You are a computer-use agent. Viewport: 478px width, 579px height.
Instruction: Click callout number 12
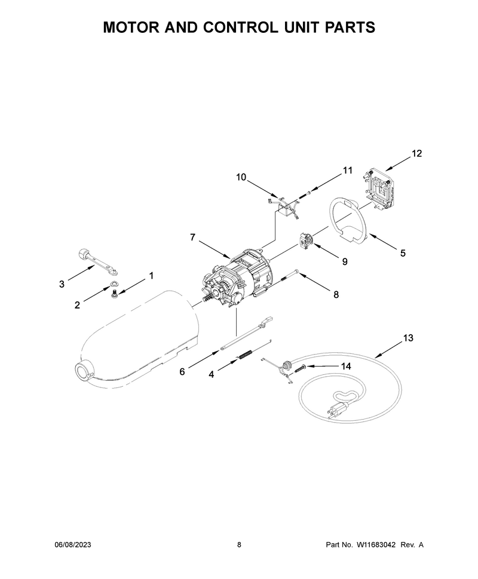(416, 153)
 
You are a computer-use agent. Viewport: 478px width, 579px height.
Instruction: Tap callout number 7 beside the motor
(192, 237)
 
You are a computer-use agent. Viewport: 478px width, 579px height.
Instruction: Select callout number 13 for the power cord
(408, 337)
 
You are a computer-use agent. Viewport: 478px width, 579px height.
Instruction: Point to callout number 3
(62, 284)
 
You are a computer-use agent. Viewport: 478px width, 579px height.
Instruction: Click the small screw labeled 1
(114, 293)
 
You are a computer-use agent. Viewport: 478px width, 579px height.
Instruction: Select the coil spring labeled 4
(245, 355)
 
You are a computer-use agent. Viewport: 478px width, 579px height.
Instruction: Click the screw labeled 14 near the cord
(301, 368)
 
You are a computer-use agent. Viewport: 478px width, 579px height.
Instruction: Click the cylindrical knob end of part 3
(83, 255)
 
